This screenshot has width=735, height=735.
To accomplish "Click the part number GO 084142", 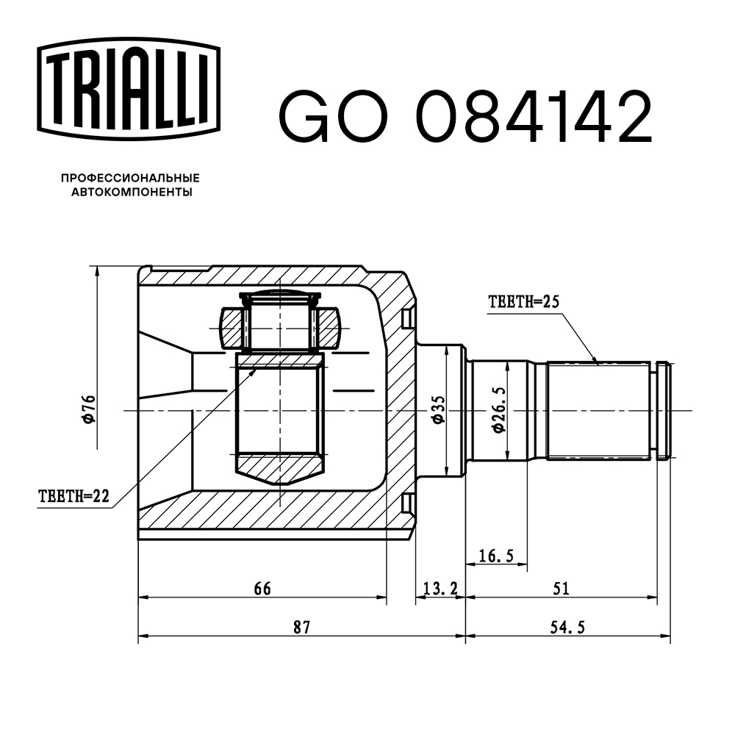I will click(464, 117).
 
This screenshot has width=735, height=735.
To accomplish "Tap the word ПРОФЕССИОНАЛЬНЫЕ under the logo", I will click(130, 178).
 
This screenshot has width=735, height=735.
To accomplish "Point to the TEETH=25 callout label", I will click(523, 301).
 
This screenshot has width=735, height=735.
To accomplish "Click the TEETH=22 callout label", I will click(73, 497).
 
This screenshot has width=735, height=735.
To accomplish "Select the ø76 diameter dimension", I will click(88, 409).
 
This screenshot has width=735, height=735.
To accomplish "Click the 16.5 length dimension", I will click(496, 556).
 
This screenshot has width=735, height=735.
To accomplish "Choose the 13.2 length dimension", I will click(441, 588).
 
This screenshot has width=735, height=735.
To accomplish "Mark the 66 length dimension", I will click(262, 588).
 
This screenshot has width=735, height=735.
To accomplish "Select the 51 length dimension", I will click(561, 588).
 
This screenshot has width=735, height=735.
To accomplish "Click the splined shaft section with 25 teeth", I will click(599, 409).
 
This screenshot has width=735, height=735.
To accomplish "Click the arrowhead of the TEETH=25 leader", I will click(597, 362).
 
